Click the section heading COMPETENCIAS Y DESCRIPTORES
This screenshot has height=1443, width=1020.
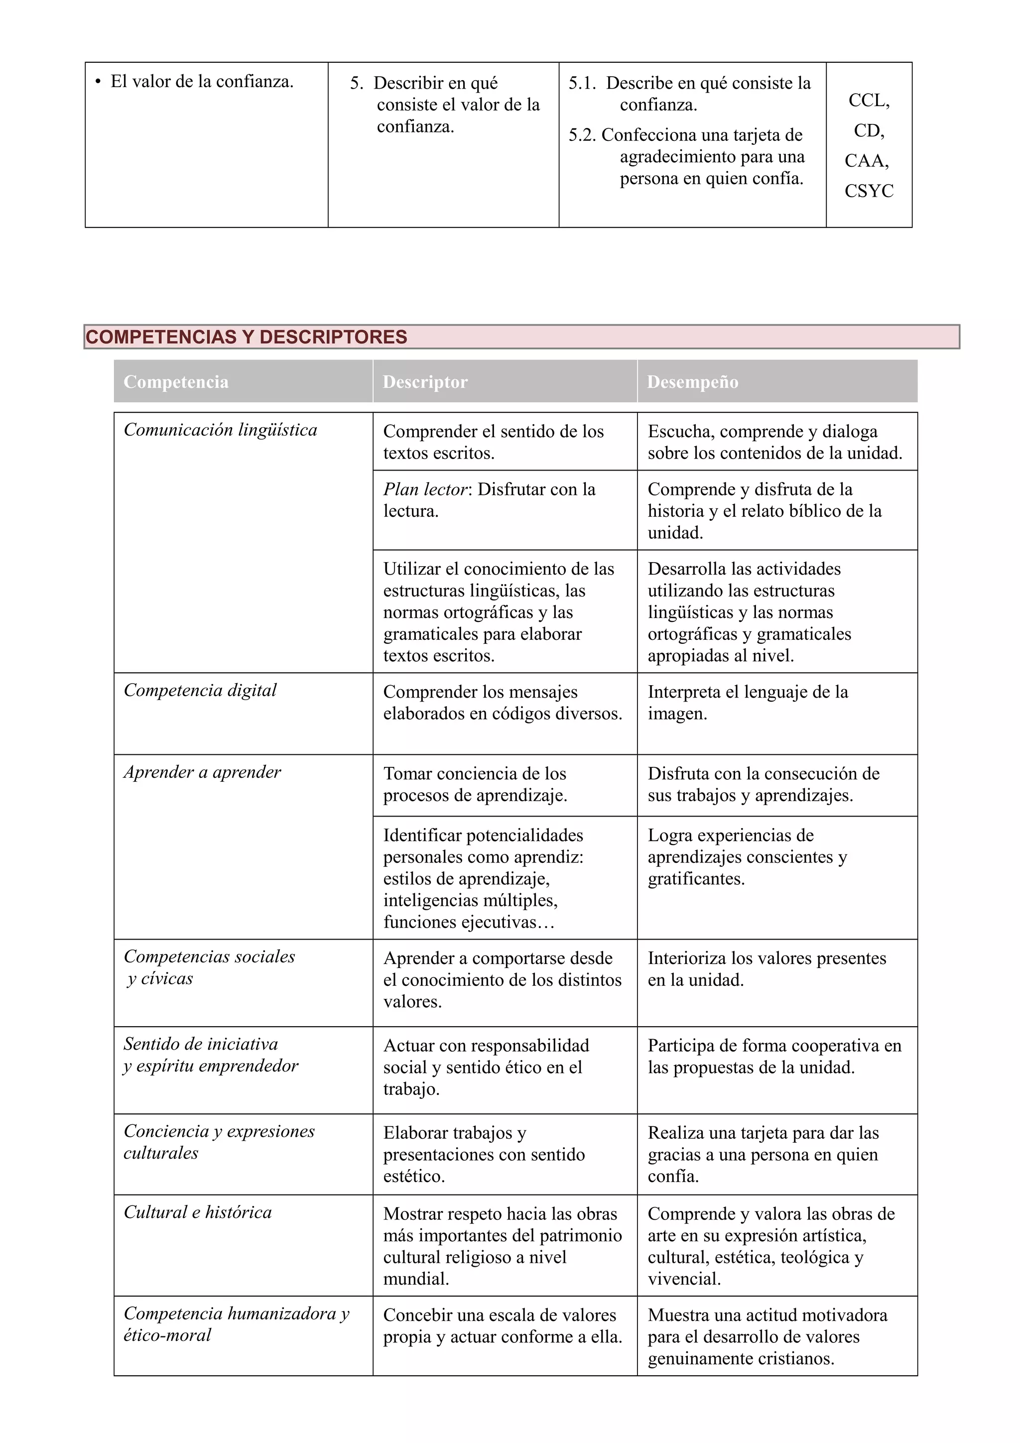point(247,337)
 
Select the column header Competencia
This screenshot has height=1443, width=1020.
point(176,381)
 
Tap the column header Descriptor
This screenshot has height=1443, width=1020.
point(425,381)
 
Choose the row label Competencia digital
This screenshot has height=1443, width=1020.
point(200,690)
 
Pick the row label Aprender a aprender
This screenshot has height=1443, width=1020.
point(202,772)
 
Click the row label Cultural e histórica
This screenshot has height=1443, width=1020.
point(197,1212)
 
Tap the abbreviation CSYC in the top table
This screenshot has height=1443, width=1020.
point(869,191)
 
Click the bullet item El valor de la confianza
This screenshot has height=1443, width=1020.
point(202,82)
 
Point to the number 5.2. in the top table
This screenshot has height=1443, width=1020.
point(582,135)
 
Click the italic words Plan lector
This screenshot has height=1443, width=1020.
point(425,489)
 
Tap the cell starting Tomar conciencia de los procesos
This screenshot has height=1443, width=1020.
point(475,784)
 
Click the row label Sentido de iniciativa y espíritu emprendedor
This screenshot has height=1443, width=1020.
point(211,1055)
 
